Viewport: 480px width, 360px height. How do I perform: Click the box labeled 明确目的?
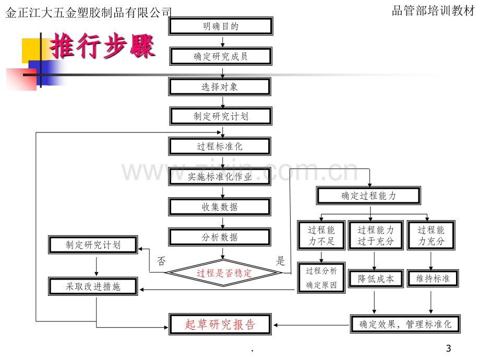(x=220, y=26)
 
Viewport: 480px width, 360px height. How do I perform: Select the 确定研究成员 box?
(x=221, y=56)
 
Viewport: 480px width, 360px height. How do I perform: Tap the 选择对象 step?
(x=220, y=87)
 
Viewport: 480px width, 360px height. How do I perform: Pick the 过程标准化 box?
(x=220, y=146)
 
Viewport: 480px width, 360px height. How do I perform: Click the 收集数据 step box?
(x=220, y=207)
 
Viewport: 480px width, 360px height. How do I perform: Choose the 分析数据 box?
(x=220, y=237)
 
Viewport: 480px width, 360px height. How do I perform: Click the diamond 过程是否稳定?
(x=223, y=273)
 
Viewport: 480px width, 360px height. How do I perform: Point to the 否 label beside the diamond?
(x=161, y=261)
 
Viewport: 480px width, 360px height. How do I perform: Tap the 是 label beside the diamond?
(x=280, y=261)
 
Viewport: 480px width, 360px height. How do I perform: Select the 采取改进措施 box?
(x=93, y=286)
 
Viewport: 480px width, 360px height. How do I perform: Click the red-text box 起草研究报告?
(x=220, y=325)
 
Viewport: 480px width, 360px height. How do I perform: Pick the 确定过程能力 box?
(x=368, y=196)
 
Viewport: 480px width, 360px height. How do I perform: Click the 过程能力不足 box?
(x=321, y=235)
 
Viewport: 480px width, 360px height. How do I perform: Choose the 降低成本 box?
(x=376, y=279)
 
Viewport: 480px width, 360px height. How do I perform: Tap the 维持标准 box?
(x=433, y=279)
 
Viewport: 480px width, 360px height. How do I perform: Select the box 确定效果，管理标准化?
(x=405, y=324)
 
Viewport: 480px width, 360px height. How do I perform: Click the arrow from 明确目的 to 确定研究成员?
(x=223, y=42)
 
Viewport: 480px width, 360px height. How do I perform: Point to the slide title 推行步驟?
(x=102, y=46)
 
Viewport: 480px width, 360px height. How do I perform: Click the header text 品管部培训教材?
(x=433, y=11)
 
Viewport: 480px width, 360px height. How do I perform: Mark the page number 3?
(x=449, y=349)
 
